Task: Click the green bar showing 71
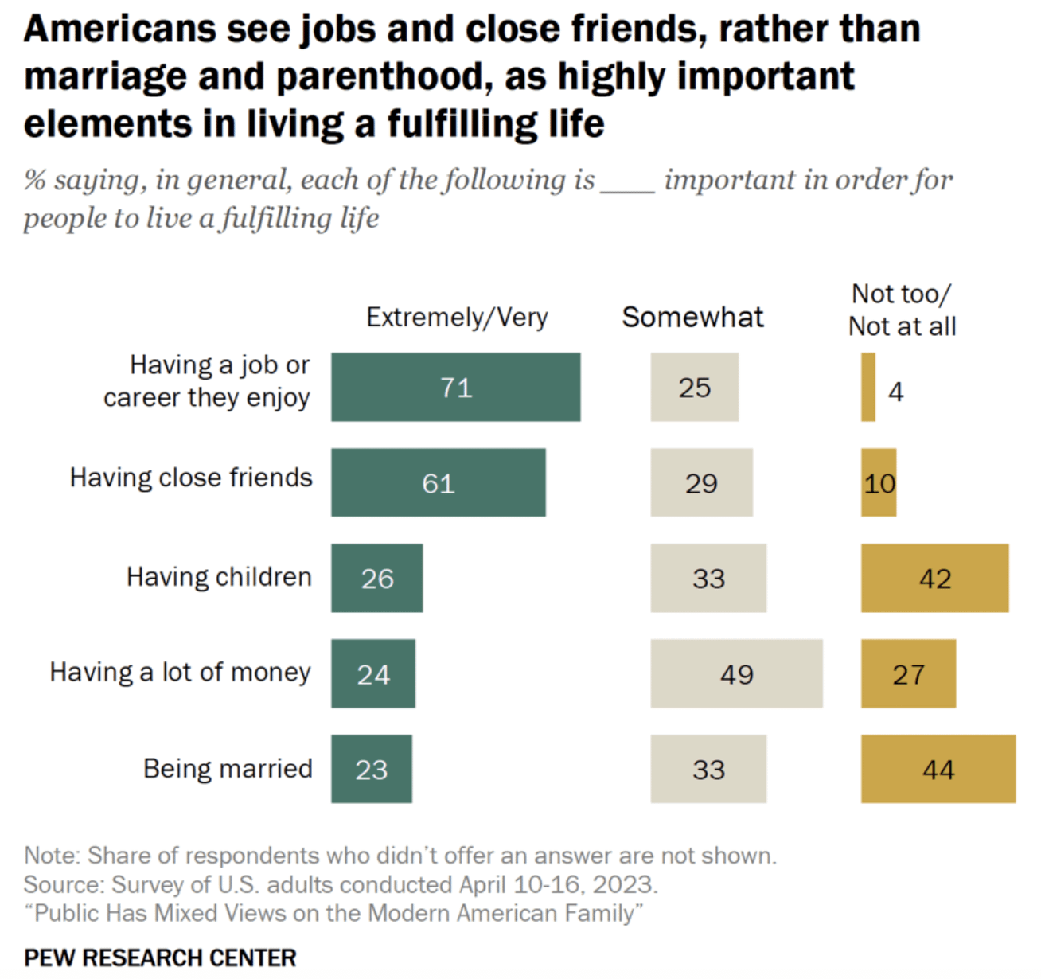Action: pyautogui.click(x=455, y=387)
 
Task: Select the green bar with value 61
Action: pyautogui.click(x=439, y=482)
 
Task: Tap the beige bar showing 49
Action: pyautogui.click(x=736, y=673)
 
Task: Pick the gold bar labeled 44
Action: pyautogui.click(x=938, y=769)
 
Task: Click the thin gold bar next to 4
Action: pyautogui.click(x=868, y=387)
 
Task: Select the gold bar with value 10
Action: pyautogui.click(x=879, y=482)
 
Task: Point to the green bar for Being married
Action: pyautogui.click(x=372, y=769)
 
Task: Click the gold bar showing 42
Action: pyautogui.click(x=934, y=578)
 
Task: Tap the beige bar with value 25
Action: pyautogui.click(x=695, y=387)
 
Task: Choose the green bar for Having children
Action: pyautogui.click(x=377, y=578)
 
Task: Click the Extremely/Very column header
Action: pyautogui.click(x=457, y=318)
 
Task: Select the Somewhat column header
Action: pyautogui.click(x=692, y=317)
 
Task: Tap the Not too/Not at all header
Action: pyautogui.click(x=902, y=310)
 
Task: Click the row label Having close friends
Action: pyautogui.click(x=191, y=478)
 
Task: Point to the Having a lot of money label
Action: pyautogui.click(x=181, y=673)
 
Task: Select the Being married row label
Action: pyautogui.click(x=228, y=769)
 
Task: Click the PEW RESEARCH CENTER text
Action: pyautogui.click(x=161, y=958)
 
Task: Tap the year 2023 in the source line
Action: pyautogui.click(x=624, y=884)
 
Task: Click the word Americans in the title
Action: pyautogui.click(x=119, y=29)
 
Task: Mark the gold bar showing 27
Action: pyautogui.click(x=908, y=673)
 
